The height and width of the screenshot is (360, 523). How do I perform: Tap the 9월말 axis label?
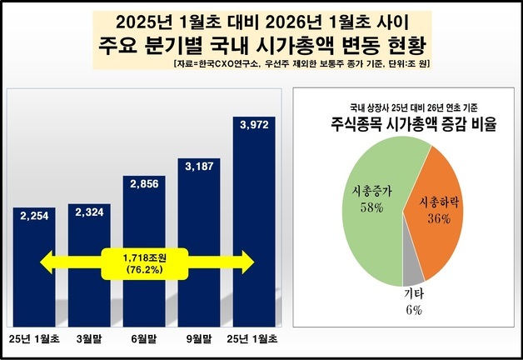(x=202, y=339)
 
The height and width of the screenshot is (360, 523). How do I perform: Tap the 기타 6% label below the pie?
(x=414, y=302)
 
